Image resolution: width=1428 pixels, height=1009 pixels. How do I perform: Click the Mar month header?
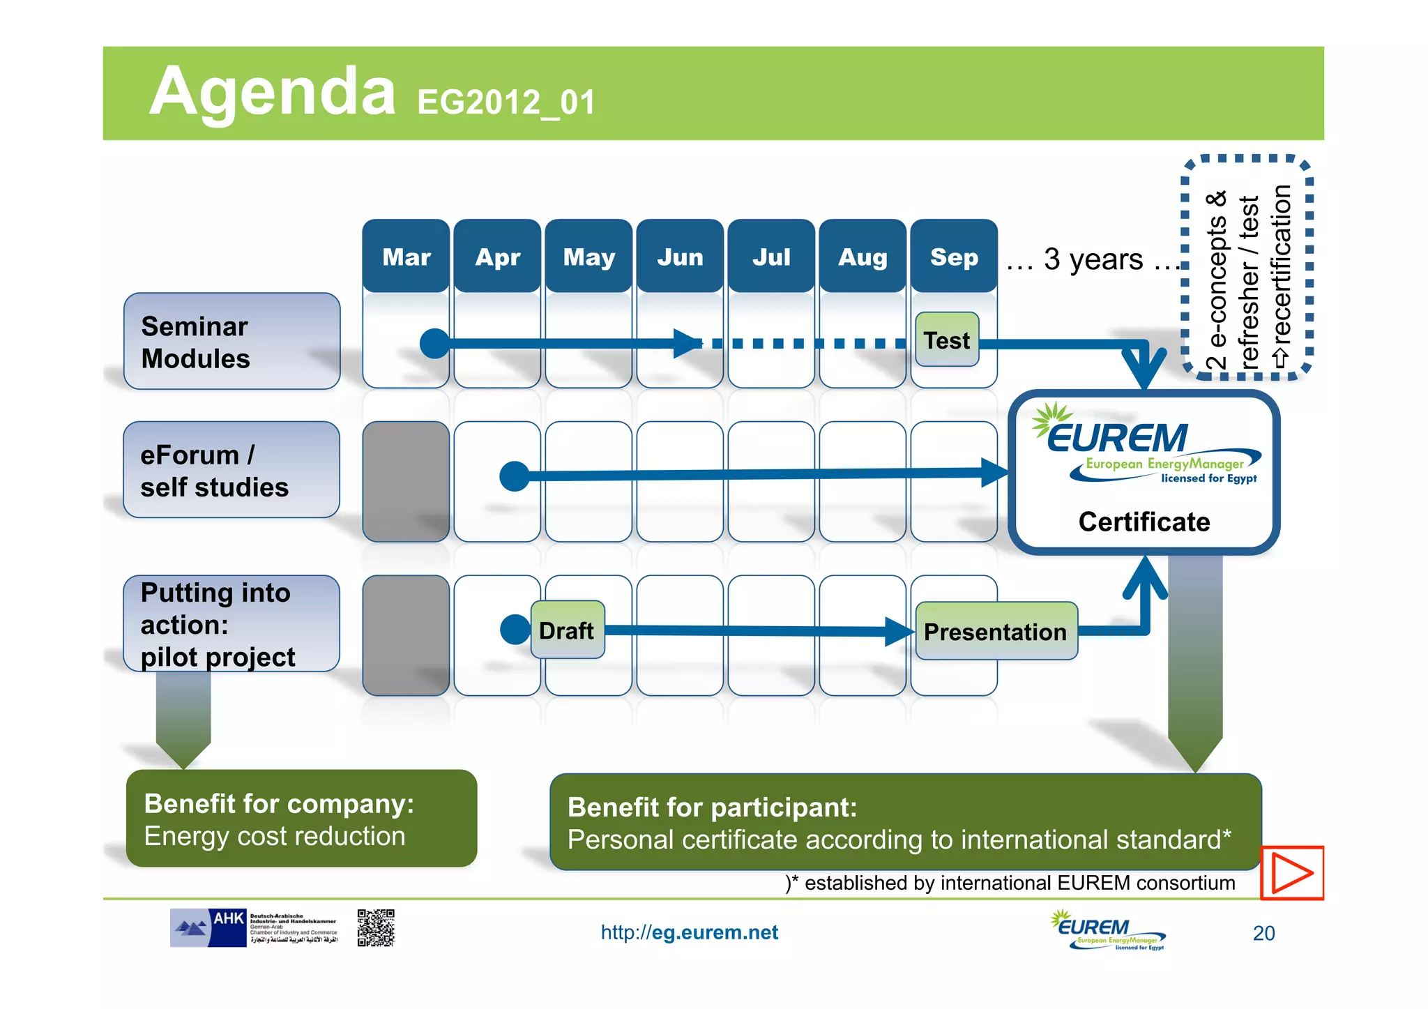pyautogui.click(x=406, y=257)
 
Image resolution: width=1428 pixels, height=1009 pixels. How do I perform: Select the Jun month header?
pyautogui.click(x=680, y=257)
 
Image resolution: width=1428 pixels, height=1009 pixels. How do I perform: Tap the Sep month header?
pyautogui.click(x=954, y=257)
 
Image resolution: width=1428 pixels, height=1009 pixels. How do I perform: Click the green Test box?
pyautogui.click(x=947, y=340)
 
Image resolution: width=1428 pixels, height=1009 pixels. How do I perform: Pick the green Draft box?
pyautogui.click(x=567, y=630)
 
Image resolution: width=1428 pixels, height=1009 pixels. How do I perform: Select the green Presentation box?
pyautogui.click(x=996, y=631)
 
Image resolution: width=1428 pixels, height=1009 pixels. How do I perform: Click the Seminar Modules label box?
pyautogui.click(x=231, y=341)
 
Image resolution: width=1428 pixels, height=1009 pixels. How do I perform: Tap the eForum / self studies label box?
pyautogui.click(x=231, y=470)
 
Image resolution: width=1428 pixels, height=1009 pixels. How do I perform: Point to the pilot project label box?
pyautogui.click(x=231, y=624)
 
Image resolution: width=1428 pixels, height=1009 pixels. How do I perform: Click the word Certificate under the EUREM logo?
pyautogui.click(x=1144, y=522)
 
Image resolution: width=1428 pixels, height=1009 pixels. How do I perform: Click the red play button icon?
pyautogui.click(x=1291, y=873)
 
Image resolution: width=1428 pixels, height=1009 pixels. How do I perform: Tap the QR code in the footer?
pyautogui.click(x=376, y=927)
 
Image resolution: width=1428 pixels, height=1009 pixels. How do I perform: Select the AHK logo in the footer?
pyautogui.click(x=209, y=927)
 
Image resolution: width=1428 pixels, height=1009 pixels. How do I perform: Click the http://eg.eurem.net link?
pyautogui.click(x=689, y=932)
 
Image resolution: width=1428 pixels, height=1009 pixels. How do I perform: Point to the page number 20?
pyautogui.click(x=1263, y=933)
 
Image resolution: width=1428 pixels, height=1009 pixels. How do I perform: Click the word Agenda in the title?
pyautogui.click(x=272, y=92)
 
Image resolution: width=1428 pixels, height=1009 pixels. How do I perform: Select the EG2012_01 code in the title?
pyautogui.click(x=506, y=103)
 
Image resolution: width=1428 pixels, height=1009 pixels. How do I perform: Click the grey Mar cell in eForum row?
pyautogui.click(x=406, y=481)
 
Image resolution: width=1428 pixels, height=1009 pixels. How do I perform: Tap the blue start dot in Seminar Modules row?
pyautogui.click(x=434, y=343)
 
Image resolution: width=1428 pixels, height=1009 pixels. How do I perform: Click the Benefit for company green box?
pyautogui.click(x=301, y=819)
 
